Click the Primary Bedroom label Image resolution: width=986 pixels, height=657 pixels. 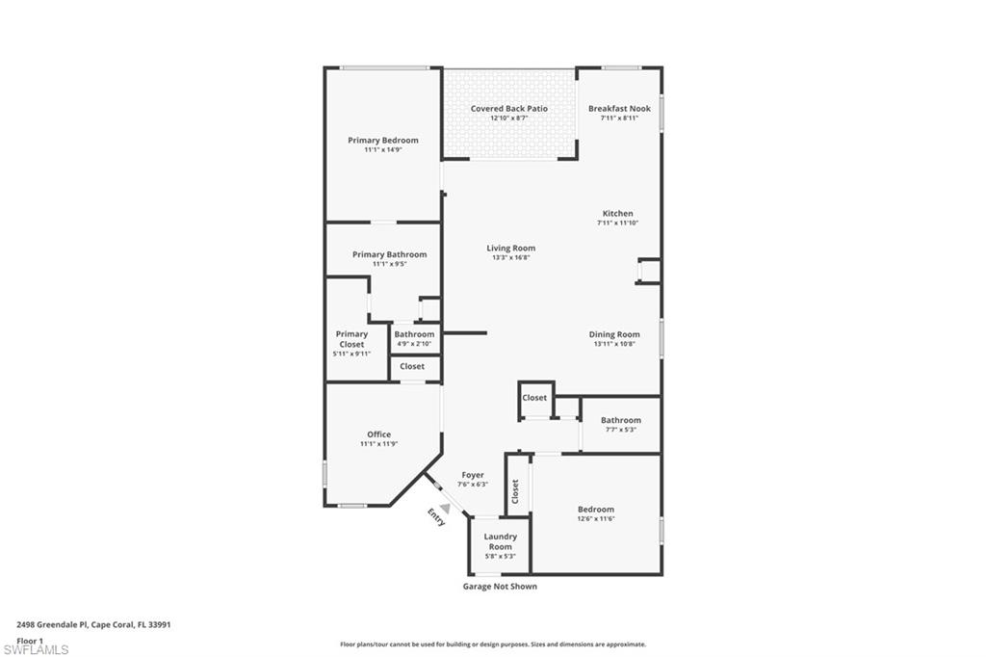point(383,141)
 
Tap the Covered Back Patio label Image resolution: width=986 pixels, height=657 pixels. point(509,109)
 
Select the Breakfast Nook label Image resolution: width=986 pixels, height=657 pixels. point(619,109)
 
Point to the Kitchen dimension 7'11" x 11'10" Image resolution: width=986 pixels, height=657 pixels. point(617,223)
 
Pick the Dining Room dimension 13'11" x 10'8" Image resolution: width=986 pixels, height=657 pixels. point(614,344)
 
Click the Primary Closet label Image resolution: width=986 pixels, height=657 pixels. point(351,339)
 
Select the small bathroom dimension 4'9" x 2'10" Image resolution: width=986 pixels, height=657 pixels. point(414,344)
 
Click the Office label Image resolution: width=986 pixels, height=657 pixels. point(378,434)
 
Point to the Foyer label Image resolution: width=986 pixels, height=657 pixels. point(472,475)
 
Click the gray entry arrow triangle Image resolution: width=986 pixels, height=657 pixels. point(444,507)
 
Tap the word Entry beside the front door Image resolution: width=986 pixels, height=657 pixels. point(437,517)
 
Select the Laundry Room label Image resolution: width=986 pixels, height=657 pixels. point(500,541)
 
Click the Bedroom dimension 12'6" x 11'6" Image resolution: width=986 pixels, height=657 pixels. point(595,519)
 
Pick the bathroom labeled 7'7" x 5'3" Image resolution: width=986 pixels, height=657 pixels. point(620,430)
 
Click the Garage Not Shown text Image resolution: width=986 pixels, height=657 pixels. point(500,587)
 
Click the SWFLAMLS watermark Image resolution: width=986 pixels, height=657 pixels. point(36,650)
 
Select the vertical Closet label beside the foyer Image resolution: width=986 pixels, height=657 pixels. point(516,491)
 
